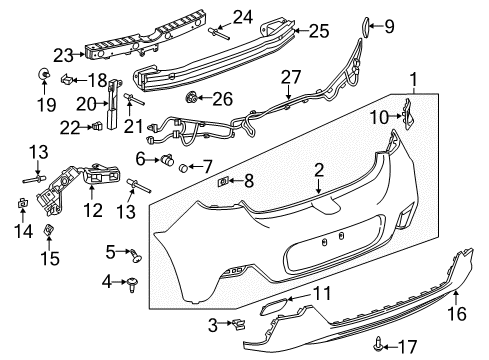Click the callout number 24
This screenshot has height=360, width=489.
click(242, 15)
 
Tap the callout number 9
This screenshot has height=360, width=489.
click(391, 25)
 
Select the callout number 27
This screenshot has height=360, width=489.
click(291, 76)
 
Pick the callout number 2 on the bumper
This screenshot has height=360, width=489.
click(318, 170)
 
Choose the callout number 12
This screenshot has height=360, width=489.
click(93, 210)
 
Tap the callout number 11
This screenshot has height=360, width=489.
click(320, 293)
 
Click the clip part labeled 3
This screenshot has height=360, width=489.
click(240, 323)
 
